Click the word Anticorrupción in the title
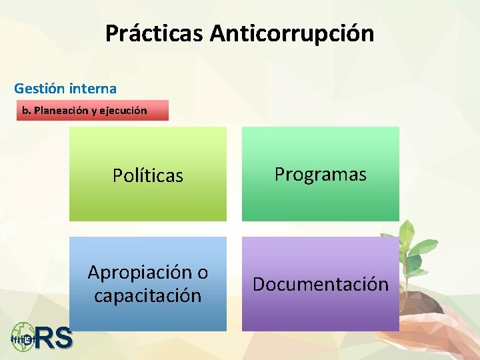[292, 33]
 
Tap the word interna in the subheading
[95, 88]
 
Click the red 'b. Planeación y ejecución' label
[93, 110]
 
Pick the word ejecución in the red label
[125, 110]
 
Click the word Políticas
[147, 175]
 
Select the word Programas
[321, 175]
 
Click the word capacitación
[147, 295]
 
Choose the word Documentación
[321, 284]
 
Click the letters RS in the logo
[53, 339]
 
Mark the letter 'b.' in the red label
[26, 110]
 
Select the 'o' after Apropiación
[202, 273]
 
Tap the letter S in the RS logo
[63, 339]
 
